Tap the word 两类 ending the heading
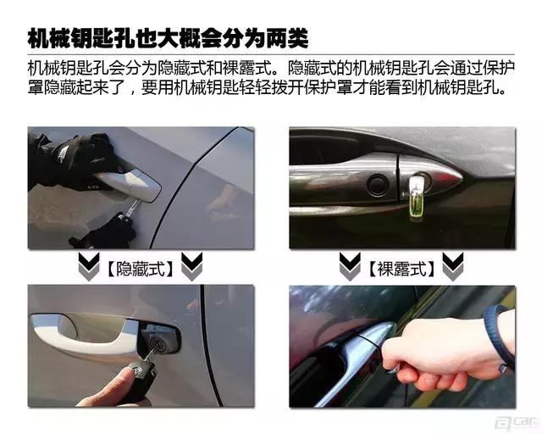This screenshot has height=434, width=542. pos(286,37)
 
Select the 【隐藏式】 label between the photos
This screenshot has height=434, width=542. pos(140,269)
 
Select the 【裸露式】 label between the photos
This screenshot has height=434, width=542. pos(401,269)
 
